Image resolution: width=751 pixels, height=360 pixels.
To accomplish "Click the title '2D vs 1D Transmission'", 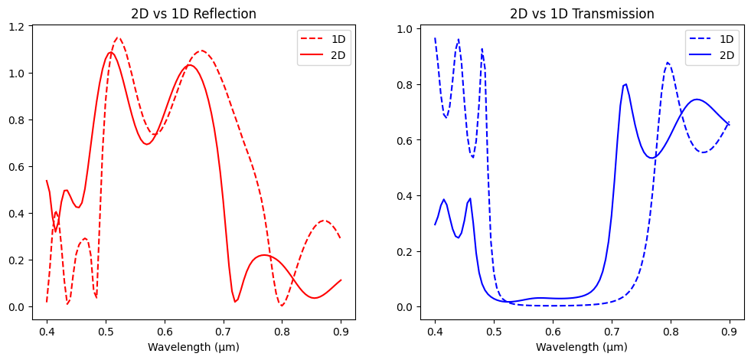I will point(582,14).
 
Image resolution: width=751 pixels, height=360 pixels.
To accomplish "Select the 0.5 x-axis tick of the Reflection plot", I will point(106,330).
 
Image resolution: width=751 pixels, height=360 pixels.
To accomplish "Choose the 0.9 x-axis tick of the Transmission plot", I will point(730,330).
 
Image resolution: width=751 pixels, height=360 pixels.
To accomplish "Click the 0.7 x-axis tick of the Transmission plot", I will point(612,330).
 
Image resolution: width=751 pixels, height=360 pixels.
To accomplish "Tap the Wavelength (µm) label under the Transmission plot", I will point(582,347).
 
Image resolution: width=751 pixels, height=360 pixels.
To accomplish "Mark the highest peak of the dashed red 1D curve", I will point(118,38).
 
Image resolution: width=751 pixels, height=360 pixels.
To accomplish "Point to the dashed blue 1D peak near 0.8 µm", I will point(668,63).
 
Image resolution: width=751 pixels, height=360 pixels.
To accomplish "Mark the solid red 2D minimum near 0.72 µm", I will point(236,302).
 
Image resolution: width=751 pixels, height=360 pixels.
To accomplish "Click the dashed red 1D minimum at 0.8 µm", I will point(282,306).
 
